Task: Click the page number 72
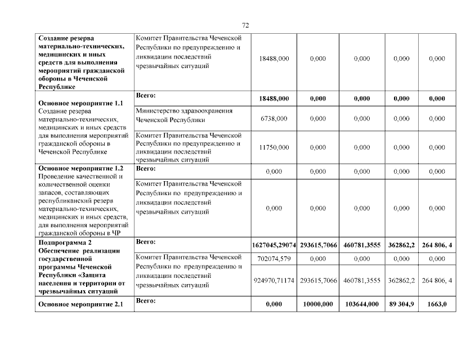[x=245, y=25]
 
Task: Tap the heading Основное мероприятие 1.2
[x=79, y=168]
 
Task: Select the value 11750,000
[x=274, y=147]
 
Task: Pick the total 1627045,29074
[x=274, y=245]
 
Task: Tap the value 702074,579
[x=274, y=258]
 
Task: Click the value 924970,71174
[x=274, y=280]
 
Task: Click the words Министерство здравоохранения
[x=184, y=111]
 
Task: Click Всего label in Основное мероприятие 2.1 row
[x=145, y=301]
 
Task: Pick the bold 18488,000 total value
[x=274, y=98]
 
